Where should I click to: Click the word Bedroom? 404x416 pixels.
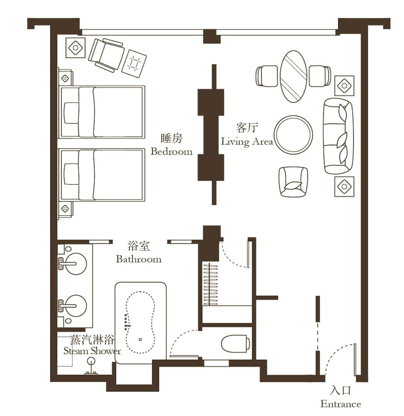(171, 151)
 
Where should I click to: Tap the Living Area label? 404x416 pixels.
(247, 141)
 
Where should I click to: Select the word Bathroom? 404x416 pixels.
(139, 259)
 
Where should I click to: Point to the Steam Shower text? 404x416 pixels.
(92, 351)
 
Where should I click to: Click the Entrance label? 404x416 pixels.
(340, 404)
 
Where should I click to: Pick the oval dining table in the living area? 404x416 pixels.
(293, 76)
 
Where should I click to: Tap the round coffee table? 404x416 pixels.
(293, 134)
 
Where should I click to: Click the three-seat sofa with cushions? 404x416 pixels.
(338, 136)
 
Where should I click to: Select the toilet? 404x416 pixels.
(235, 344)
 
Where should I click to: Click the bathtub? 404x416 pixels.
(141, 322)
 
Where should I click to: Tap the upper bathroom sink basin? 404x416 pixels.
(76, 263)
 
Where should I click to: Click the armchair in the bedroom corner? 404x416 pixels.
(106, 54)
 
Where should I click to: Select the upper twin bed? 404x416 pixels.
(102, 111)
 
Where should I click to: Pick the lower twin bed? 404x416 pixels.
(102, 175)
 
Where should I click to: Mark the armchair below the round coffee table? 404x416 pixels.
(293, 182)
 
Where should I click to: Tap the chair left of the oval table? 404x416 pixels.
(267, 76)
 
